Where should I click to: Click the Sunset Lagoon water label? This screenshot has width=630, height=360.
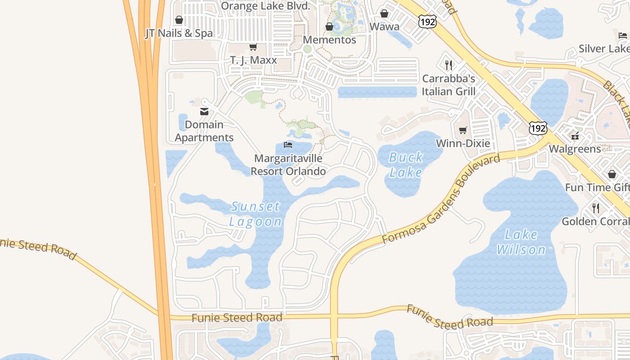(x=255, y=214)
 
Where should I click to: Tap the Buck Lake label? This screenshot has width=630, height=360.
(x=406, y=165)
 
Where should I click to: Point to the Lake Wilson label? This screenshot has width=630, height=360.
(x=521, y=242)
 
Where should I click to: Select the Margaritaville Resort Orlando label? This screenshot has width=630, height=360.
(x=288, y=165)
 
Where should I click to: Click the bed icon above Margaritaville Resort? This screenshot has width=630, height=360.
(x=288, y=145)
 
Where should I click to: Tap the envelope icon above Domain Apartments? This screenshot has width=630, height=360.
(x=204, y=112)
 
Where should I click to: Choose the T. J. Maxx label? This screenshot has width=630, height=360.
(x=253, y=60)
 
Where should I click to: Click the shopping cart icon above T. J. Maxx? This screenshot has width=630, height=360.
(x=253, y=47)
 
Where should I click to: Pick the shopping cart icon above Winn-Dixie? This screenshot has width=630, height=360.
(x=463, y=130)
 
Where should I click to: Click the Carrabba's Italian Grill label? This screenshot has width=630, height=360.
(x=449, y=85)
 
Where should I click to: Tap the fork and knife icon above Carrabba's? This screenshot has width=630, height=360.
(x=448, y=65)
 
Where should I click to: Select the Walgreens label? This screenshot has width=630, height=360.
(x=575, y=149)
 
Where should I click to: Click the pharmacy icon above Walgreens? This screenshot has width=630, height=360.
(x=575, y=135)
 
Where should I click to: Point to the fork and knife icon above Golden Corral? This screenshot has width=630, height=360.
(x=596, y=208)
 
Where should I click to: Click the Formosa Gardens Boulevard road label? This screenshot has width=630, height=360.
(x=441, y=198)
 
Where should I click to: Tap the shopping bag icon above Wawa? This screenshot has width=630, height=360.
(x=384, y=14)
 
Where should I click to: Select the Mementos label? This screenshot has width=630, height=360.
(x=329, y=40)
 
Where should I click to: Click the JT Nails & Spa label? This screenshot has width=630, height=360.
(x=179, y=33)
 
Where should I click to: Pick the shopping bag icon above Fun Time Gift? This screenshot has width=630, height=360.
(x=612, y=174)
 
